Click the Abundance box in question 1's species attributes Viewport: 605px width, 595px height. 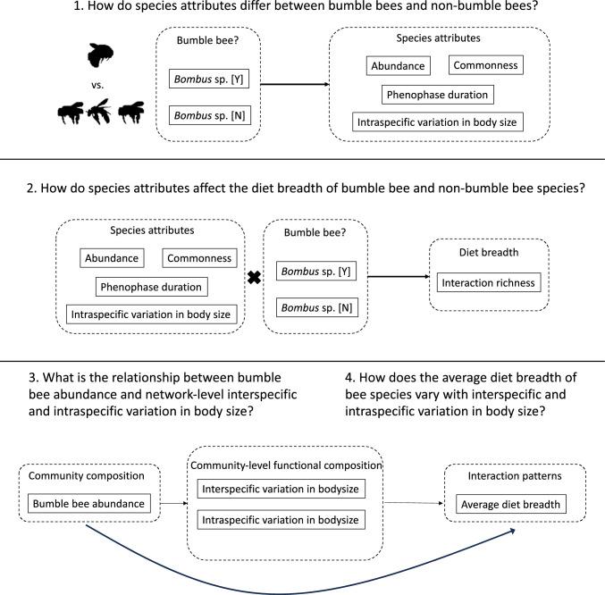[x=398, y=65]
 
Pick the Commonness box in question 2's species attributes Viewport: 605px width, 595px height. [x=198, y=258]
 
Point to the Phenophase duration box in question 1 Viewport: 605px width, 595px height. [x=439, y=94]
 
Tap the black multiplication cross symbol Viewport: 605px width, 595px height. [x=254, y=278]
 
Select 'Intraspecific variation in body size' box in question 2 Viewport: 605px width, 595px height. [x=147, y=314]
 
